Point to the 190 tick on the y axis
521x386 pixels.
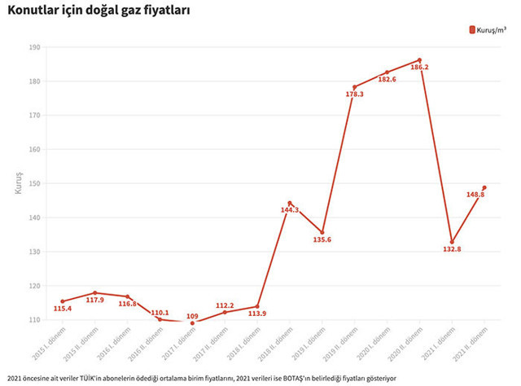pyautogui.click(x=34, y=47)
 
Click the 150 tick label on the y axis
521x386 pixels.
pyautogui.click(x=34, y=184)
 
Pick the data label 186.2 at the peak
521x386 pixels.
pyautogui.click(x=419, y=68)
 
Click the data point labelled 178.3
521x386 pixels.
pyautogui.click(x=355, y=86)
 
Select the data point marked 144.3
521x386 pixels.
pyautogui.click(x=290, y=203)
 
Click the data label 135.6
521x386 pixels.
pyautogui.click(x=322, y=239)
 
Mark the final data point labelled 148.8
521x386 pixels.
pyautogui.click(x=484, y=188)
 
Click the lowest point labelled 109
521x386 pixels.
pyautogui.click(x=193, y=323)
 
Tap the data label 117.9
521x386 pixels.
pyautogui.click(x=95, y=300)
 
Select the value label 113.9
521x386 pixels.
pyautogui.click(x=256, y=314)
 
